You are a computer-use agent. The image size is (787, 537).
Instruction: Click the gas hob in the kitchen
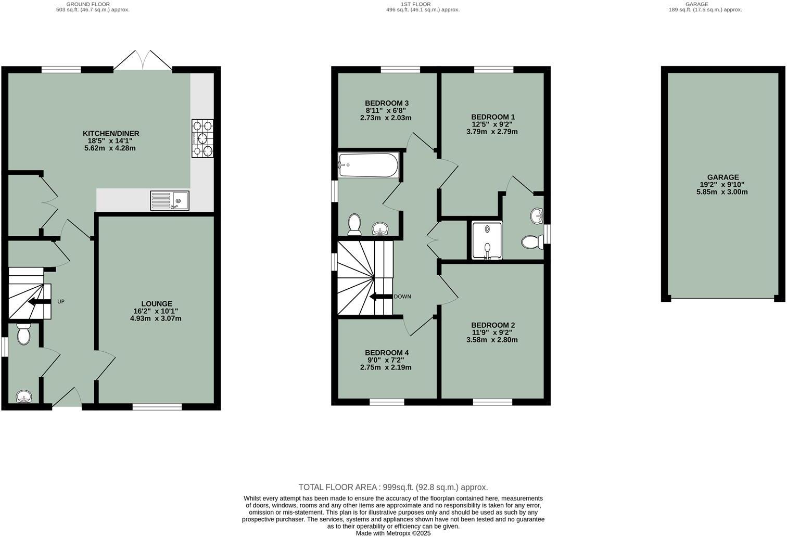(x=202, y=138)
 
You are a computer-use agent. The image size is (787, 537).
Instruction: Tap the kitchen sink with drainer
(x=170, y=200)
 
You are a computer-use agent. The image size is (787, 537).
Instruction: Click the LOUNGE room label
(x=156, y=304)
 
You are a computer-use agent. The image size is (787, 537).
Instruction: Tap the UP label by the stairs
(x=61, y=302)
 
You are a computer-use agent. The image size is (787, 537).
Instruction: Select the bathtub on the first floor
(x=368, y=165)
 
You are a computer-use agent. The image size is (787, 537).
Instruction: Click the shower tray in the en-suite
(x=487, y=240)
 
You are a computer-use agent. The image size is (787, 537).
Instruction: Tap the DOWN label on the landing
(x=402, y=297)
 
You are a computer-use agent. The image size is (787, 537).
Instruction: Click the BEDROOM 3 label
(x=386, y=103)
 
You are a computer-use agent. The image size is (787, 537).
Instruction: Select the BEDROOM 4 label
(x=386, y=353)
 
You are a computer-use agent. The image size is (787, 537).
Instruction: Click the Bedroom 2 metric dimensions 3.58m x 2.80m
(x=492, y=340)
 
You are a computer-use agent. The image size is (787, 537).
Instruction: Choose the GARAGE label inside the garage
(x=722, y=177)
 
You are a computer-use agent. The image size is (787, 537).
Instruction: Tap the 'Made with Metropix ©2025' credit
(x=393, y=533)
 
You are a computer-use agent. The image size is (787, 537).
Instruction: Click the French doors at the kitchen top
(x=143, y=61)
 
